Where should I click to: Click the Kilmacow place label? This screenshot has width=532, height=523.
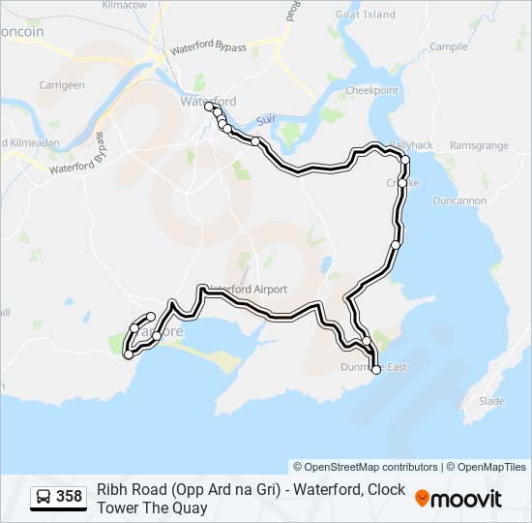coord(124,6)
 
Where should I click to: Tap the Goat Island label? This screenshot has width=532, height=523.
coord(365,15)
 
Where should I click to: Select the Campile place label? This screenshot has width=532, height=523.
coord(449,46)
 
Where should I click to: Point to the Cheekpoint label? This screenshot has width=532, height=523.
coord(372,91)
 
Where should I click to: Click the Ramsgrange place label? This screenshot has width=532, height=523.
coord(479,145)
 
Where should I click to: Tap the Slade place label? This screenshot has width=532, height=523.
coord(491,401)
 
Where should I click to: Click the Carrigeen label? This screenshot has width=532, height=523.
coord(62,85)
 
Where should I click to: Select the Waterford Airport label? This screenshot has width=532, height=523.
coord(246,290)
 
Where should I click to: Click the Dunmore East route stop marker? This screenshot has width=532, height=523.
coord(376,369)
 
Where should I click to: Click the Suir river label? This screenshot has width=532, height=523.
coord(266,120)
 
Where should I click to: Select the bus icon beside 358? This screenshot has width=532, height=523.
coord(44,498)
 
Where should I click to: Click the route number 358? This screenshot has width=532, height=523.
coord(70,498)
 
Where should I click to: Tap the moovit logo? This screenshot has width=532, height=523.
coord(458,498)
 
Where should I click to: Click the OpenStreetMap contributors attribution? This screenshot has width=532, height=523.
coord(366,467)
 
